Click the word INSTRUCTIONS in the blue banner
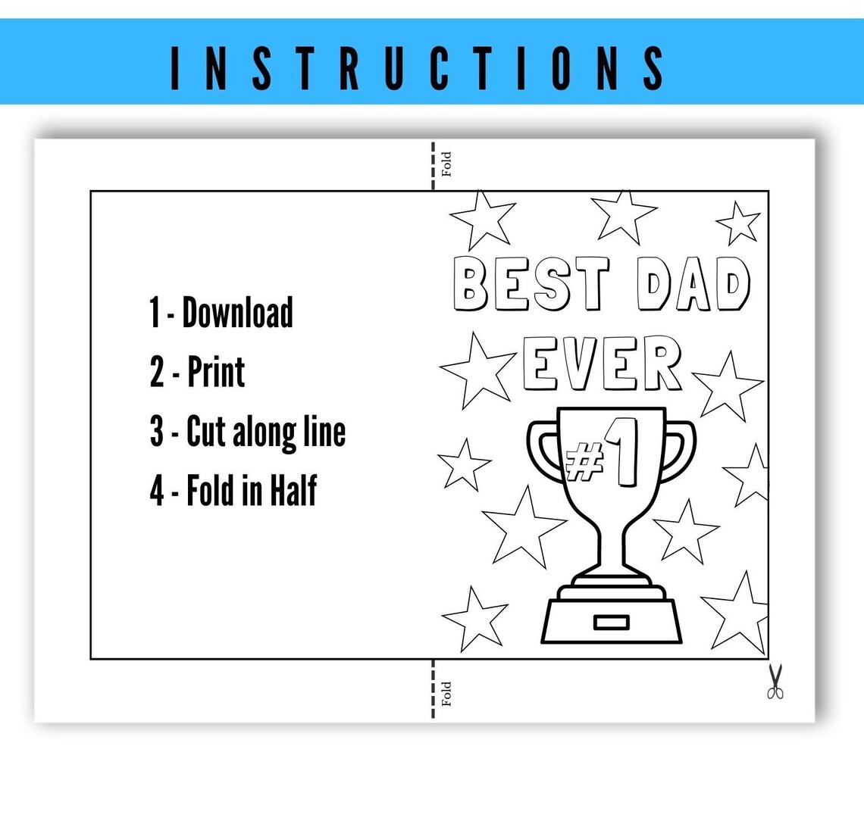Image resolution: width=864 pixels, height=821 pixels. pyautogui.click(x=418, y=67)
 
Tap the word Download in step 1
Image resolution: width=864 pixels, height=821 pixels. pyautogui.click(x=238, y=312)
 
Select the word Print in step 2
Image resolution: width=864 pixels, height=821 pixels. pyautogui.click(x=216, y=372)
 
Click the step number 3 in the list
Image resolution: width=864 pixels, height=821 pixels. pyautogui.click(x=157, y=432)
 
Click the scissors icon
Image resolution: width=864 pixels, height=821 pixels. pyautogui.click(x=775, y=682)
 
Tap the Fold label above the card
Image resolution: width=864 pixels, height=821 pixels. pyautogui.click(x=446, y=164)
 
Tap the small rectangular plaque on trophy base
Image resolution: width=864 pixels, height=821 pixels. pyautogui.click(x=611, y=623)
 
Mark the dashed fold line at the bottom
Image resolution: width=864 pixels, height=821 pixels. pyautogui.click(x=433, y=689)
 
